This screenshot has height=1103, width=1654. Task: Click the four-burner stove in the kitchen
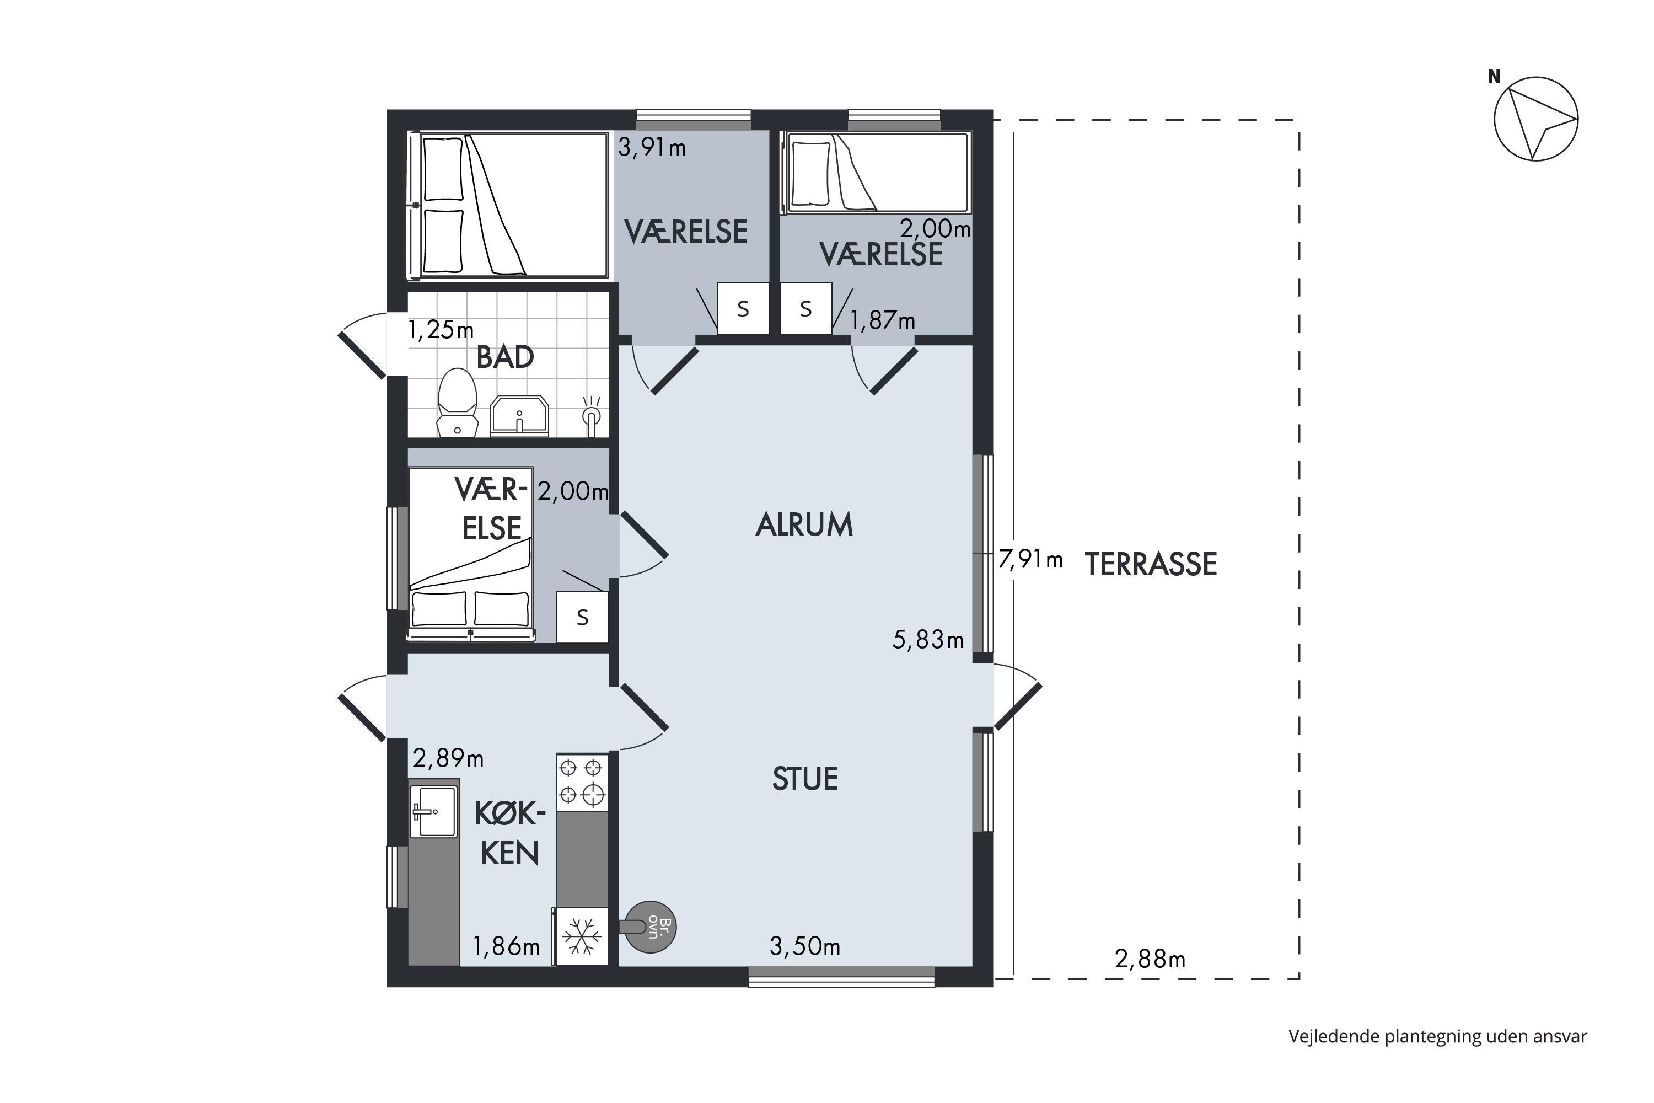[x=582, y=782]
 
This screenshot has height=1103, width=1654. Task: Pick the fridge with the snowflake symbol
[x=581, y=936]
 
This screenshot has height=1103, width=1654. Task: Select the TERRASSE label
[x=1151, y=564]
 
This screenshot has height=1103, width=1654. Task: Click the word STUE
[x=805, y=779]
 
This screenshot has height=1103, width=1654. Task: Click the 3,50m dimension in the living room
[x=805, y=947]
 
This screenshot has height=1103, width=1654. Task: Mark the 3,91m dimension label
[x=652, y=148]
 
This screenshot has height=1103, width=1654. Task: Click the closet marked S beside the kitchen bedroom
[x=582, y=617]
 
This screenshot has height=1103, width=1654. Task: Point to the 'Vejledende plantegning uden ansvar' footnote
[x=1438, y=1036]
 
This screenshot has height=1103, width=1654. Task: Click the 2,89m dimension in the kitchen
[x=448, y=758]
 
